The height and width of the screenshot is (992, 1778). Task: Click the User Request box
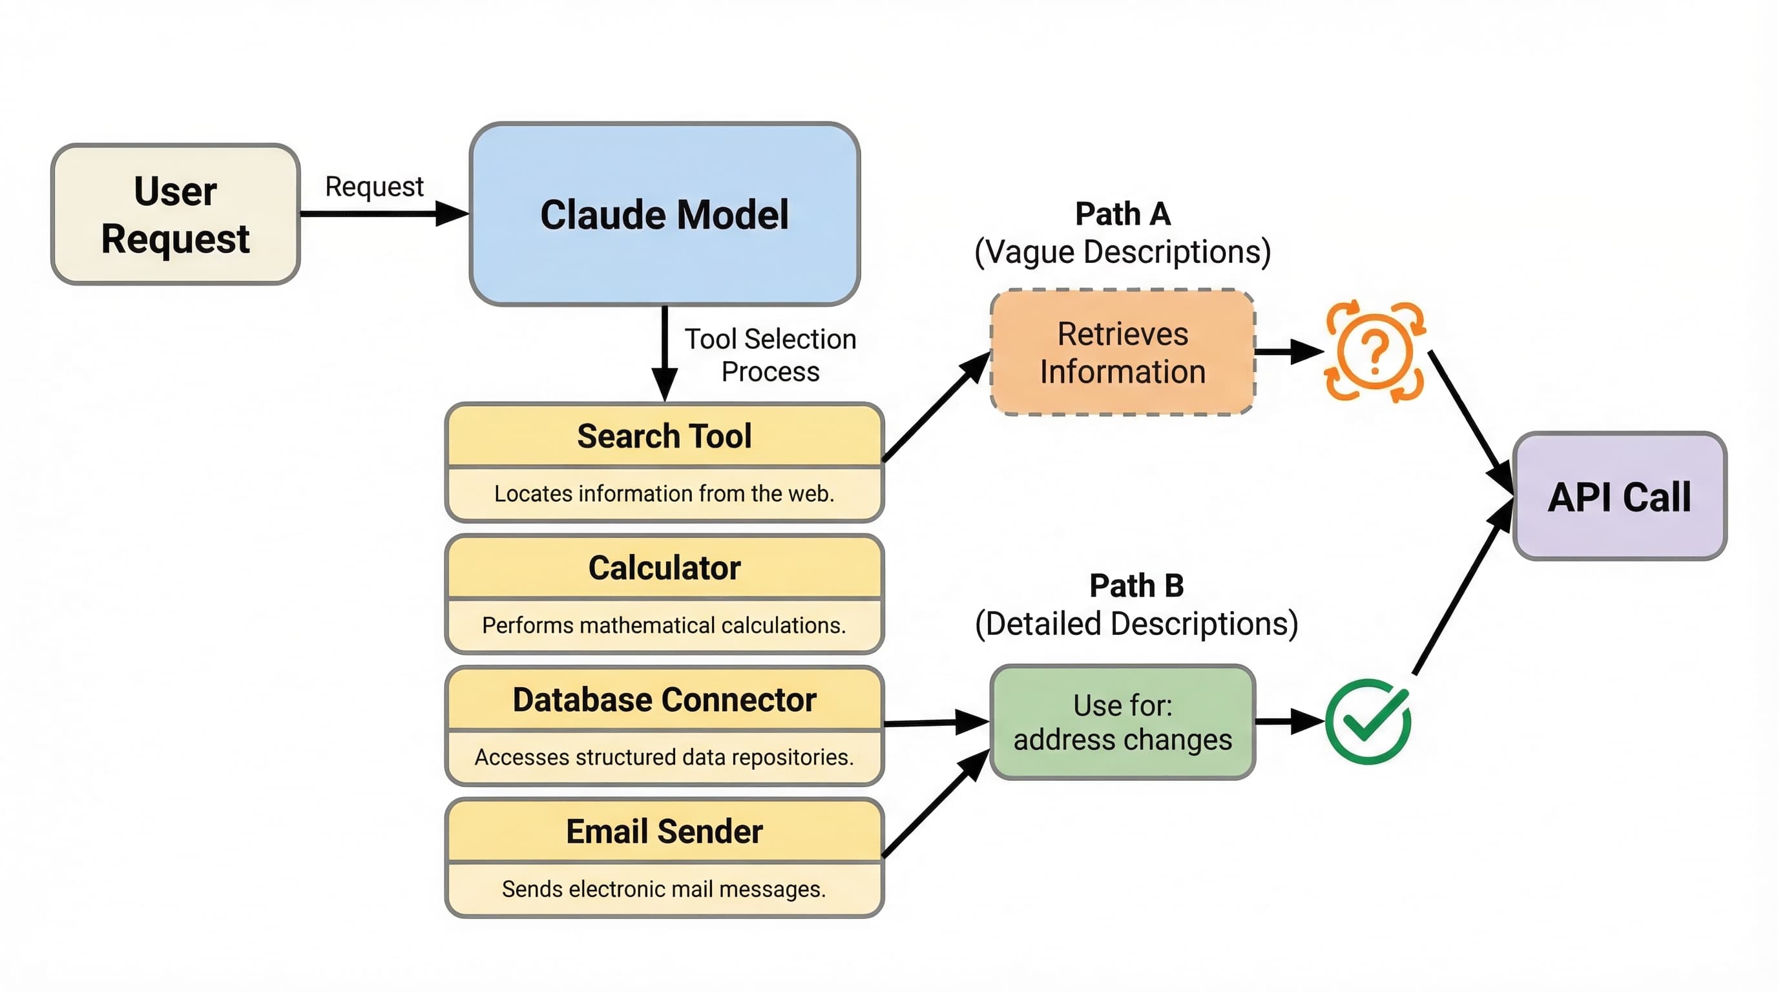(175, 214)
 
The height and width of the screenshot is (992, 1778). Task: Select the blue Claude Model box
(664, 214)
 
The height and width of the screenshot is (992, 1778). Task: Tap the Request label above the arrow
(374, 186)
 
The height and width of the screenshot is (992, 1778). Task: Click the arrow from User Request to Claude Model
(383, 214)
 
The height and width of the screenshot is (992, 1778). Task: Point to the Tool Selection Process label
(769, 355)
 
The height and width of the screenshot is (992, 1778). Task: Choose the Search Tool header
(664, 436)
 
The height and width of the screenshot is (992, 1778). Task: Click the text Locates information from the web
(664, 493)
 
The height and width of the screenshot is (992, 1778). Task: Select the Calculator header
(664, 568)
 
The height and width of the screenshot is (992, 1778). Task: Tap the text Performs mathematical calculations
(664, 625)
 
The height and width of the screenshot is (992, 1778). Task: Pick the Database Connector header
(664, 699)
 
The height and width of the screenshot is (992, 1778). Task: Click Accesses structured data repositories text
(664, 757)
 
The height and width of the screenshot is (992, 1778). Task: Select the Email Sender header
(664, 831)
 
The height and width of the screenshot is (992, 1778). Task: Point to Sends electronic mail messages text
(664, 889)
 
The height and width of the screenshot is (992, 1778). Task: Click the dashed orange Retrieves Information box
(1122, 353)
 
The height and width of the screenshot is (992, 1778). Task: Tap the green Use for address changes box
(1122, 721)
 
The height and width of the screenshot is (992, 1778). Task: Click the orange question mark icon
(1375, 351)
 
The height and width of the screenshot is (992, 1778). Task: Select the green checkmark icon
(1368, 721)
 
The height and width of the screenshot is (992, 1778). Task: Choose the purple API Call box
(1619, 497)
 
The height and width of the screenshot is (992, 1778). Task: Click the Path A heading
(1122, 214)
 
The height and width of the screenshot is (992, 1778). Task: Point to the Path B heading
(1136, 586)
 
